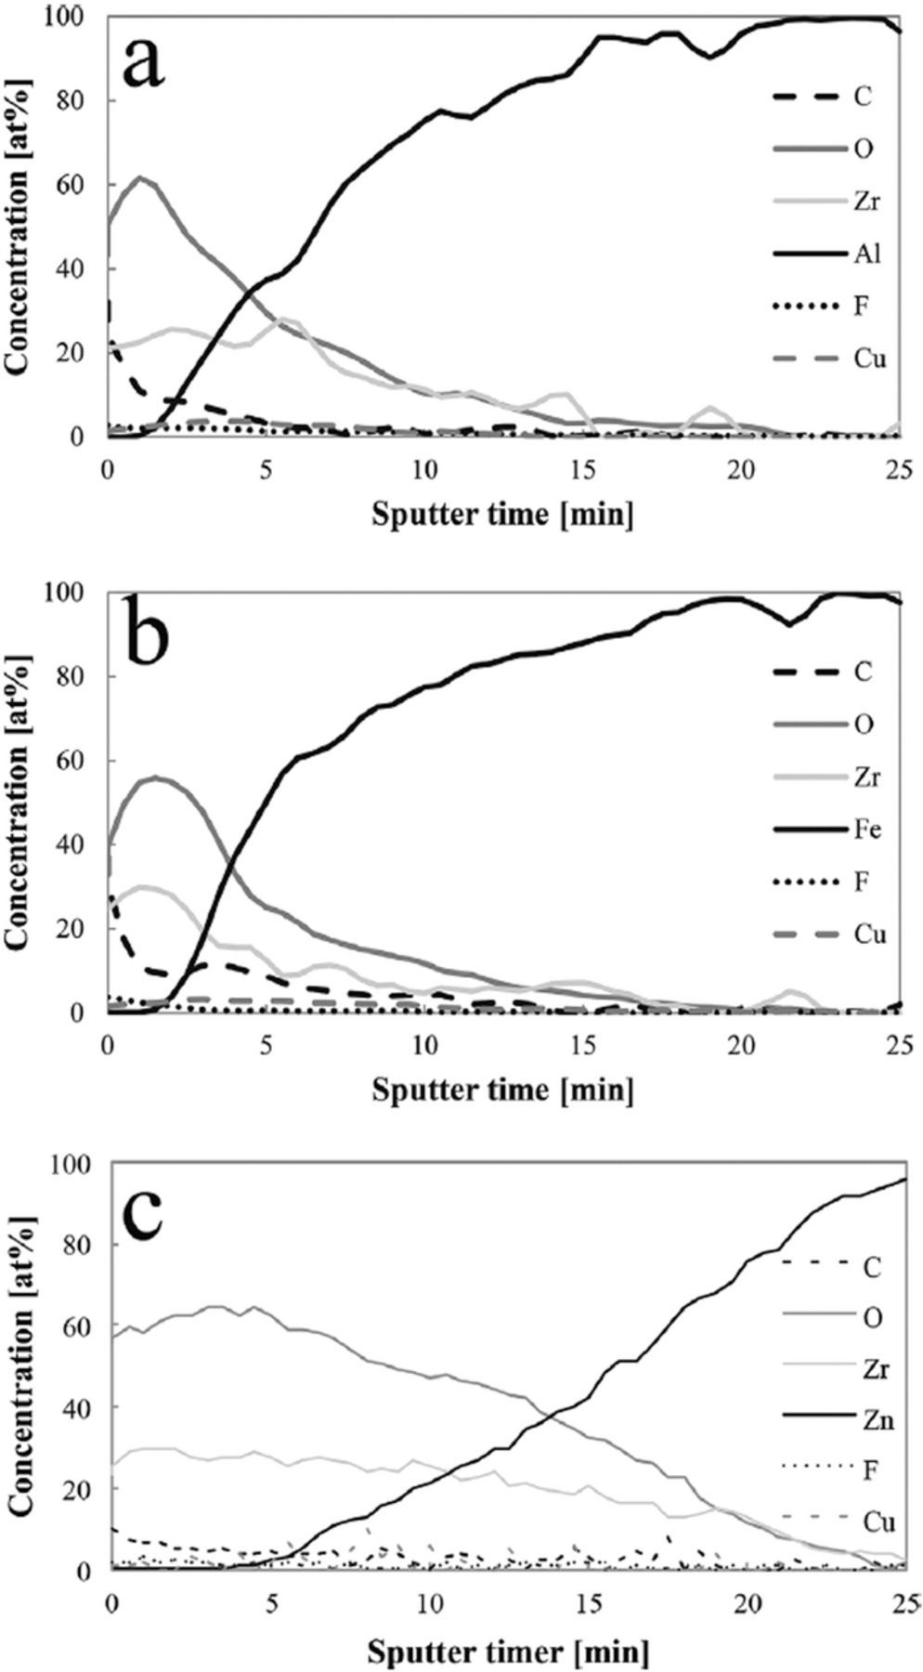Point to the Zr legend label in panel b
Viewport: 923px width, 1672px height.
click(x=863, y=776)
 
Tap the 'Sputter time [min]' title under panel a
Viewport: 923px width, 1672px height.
click(x=502, y=513)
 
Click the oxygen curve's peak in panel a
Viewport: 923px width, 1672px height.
click(x=139, y=176)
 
